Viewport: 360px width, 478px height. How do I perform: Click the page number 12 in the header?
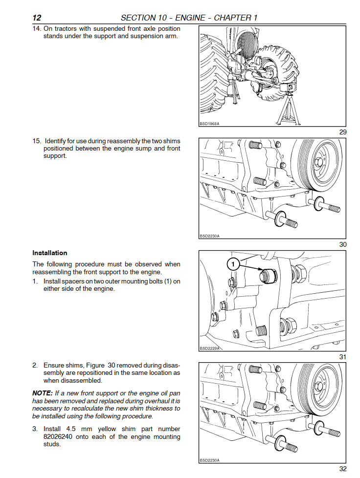pos(37,18)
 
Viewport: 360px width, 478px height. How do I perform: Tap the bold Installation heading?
pos(50,253)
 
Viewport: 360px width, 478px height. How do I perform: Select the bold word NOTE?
pos(43,393)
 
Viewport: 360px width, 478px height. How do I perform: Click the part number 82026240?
pos(58,436)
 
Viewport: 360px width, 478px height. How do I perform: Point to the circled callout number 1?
pos(233,264)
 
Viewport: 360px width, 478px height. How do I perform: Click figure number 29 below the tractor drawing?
pos(342,132)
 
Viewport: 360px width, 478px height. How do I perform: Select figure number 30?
pos(342,244)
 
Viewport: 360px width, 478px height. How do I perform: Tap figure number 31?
pos(342,357)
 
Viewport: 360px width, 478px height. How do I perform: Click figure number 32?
pos(342,469)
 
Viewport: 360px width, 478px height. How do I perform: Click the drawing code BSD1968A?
pos(209,124)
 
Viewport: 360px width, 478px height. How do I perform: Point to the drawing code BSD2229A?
pos(209,348)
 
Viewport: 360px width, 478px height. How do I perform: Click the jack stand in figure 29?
pos(288,110)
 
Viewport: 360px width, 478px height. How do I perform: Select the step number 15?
pos(37,141)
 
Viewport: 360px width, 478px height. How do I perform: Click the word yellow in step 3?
pos(107,429)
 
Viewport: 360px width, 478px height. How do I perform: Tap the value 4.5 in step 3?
pos(71,429)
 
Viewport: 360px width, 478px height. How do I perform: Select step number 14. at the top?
pos(37,29)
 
